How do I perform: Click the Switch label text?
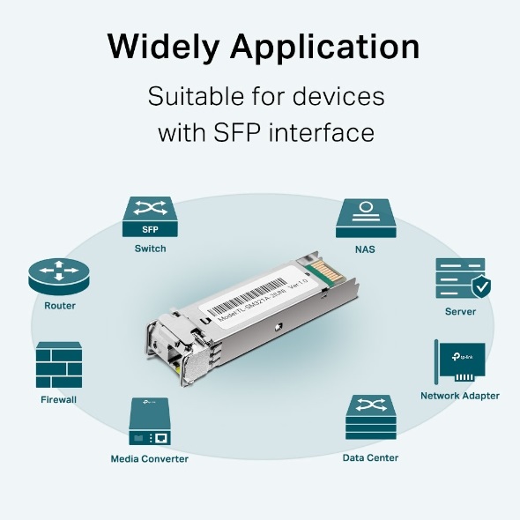coord(150,249)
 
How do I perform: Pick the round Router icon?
coord(59,277)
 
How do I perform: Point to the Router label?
coord(59,306)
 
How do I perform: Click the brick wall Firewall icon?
coord(59,365)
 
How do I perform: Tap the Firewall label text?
coord(59,399)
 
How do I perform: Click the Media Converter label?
coord(149,458)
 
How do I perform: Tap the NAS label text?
coord(365,249)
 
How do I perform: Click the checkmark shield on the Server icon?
coord(481,287)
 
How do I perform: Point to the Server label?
coord(460,311)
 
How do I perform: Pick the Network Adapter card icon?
coord(459,362)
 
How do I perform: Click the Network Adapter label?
coord(459,396)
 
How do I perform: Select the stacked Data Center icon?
coord(370,418)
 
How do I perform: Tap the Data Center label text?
coord(370,457)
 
